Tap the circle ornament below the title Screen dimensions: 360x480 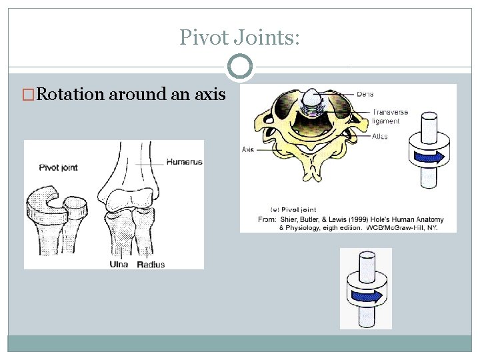[x=240, y=67]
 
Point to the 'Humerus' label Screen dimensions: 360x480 [x=185, y=161]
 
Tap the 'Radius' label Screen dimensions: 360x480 [x=151, y=264]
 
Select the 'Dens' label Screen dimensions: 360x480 [x=365, y=94]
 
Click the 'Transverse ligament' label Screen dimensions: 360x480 [x=390, y=117]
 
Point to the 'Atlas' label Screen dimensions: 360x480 [x=379, y=136]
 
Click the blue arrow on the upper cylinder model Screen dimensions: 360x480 [x=425, y=157]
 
